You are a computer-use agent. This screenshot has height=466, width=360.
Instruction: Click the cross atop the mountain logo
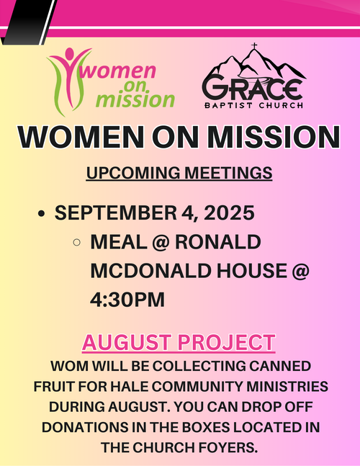[254, 46]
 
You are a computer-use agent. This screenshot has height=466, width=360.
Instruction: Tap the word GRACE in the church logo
[253, 89]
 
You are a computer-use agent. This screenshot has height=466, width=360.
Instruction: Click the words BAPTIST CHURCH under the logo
[254, 105]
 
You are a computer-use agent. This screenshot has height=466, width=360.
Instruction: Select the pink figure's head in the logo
[69, 53]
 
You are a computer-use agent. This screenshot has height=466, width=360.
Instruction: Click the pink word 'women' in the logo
[118, 71]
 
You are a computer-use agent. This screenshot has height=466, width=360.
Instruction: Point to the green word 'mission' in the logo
[135, 99]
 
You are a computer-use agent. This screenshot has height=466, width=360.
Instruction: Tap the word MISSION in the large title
[274, 137]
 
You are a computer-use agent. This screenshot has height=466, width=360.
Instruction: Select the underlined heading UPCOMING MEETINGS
[179, 173]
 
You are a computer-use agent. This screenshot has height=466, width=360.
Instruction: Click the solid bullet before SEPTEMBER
[42, 214]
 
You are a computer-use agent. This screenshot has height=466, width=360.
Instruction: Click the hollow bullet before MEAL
[76, 242]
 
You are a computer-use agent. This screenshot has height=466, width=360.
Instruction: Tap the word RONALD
[218, 242]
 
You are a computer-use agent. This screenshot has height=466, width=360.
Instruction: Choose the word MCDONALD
[150, 270]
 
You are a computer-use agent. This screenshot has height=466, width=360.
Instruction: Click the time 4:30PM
[127, 300]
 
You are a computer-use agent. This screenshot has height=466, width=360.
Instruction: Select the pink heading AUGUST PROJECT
[179, 343]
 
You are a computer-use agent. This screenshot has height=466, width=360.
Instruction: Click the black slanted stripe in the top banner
[29, 22]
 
